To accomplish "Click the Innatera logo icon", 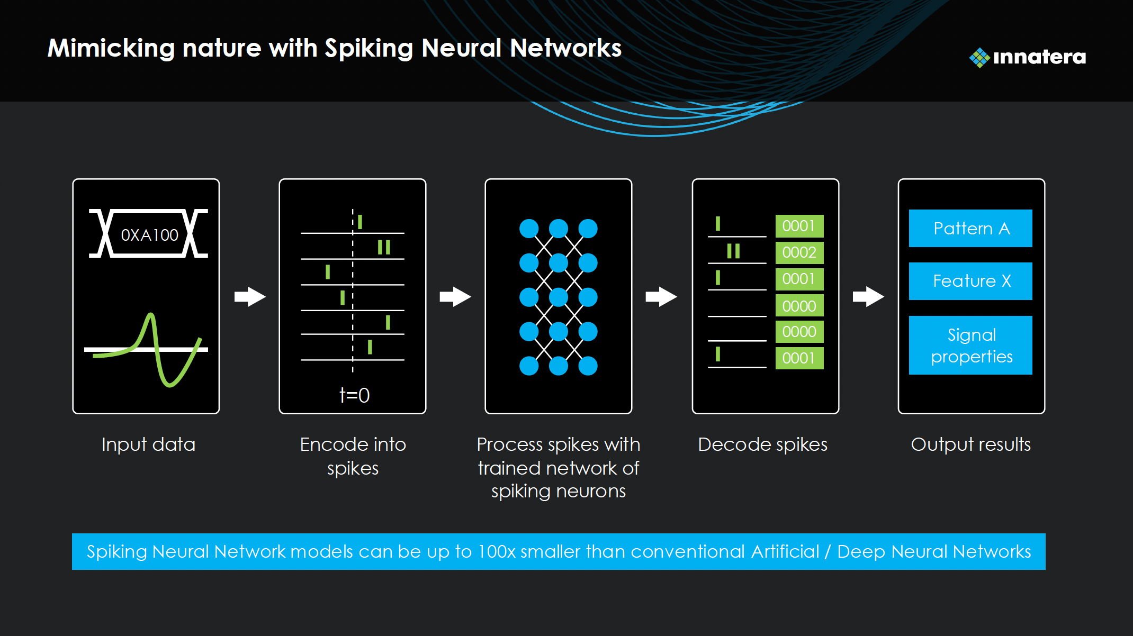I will pyautogui.click(x=979, y=57).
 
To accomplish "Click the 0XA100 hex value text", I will pyautogui.click(x=149, y=235).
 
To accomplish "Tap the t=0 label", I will pyautogui.click(x=354, y=395).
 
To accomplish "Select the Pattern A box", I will pyautogui.click(x=970, y=229).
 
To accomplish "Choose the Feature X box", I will pyautogui.click(x=970, y=281).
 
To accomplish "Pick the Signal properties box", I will pyautogui.click(x=970, y=346).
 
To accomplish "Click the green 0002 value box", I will pyautogui.click(x=799, y=252).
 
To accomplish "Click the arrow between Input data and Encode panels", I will pyautogui.click(x=250, y=297).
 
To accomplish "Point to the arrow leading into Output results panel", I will pyautogui.click(x=868, y=297).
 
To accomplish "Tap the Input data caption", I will pyautogui.click(x=148, y=444).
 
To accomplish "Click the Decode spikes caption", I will pyautogui.click(x=762, y=444).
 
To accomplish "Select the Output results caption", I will pyautogui.click(x=970, y=444).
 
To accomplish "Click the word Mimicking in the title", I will pyautogui.click(x=111, y=49).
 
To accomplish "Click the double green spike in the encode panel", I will pyautogui.click(x=384, y=247).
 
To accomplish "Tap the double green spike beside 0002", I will pyautogui.click(x=733, y=251).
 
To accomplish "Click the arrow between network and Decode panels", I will pyautogui.click(x=661, y=297).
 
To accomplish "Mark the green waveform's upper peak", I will pyautogui.click(x=151, y=316).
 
